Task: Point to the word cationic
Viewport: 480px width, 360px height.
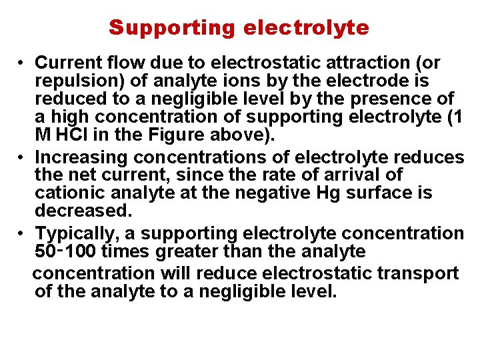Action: pos(67,193)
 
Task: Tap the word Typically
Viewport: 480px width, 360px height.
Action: pos(71,233)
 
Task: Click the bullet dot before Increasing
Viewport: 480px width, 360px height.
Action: pos(22,158)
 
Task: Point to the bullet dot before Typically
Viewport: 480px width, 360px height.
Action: pos(22,234)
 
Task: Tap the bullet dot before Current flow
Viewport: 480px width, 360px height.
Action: pos(22,63)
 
